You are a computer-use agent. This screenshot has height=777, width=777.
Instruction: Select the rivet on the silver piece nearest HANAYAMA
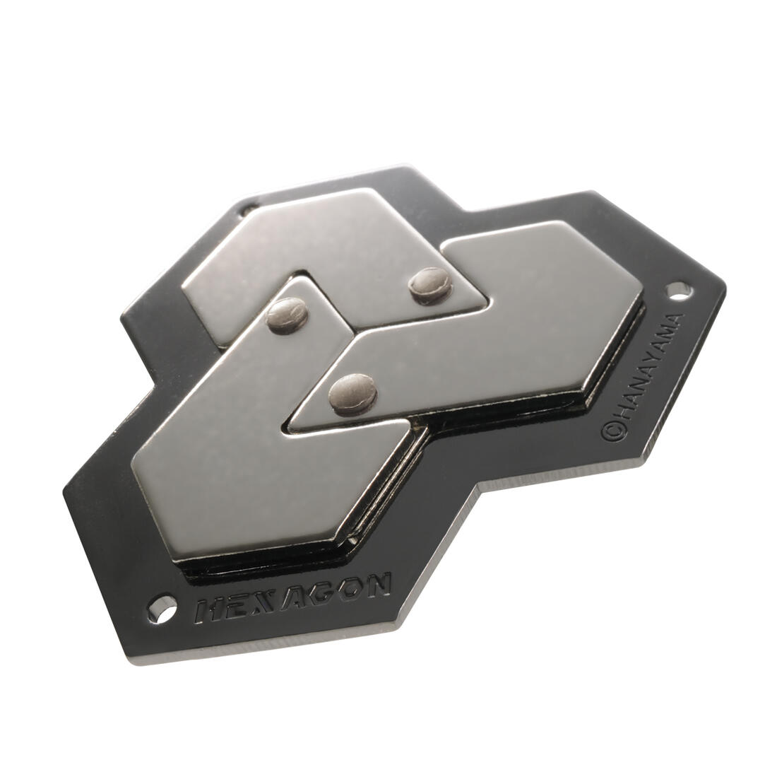coord(351,391)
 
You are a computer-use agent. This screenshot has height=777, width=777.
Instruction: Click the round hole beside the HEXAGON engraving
coord(162,608)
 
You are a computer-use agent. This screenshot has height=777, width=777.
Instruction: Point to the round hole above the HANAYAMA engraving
coord(677,289)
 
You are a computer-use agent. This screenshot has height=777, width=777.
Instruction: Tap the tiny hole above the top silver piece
coord(247,209)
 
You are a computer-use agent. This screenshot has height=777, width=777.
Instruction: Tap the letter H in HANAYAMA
coord(619,414)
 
